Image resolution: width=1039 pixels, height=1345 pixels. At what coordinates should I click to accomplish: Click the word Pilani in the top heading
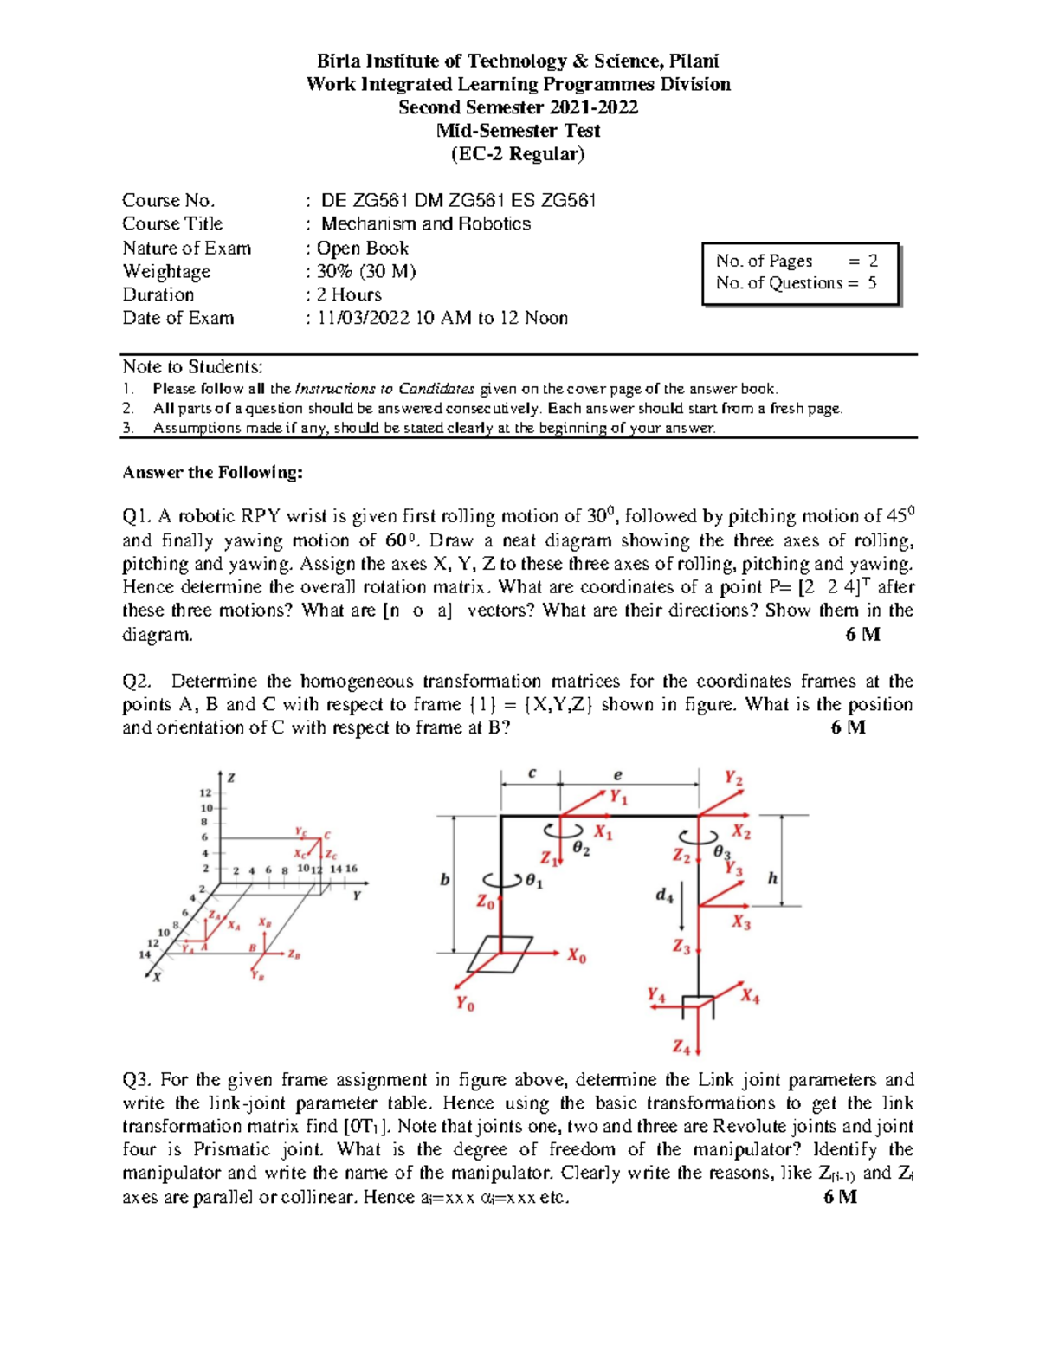pos(693,61)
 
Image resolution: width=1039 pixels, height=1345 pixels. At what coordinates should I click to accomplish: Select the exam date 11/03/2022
pos(363,318)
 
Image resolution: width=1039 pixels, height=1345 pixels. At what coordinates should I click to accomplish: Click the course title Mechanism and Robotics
pos(426,223)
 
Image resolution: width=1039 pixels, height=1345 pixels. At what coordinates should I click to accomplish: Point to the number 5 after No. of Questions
pos(872,282)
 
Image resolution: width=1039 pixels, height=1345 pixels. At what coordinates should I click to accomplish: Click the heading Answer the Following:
pos(212,472)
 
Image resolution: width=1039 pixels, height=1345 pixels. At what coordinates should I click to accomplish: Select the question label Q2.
pos(137,681)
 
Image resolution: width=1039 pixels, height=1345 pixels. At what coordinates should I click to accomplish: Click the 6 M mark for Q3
pos(840,1196)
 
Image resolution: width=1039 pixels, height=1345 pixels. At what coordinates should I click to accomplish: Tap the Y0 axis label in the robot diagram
pos(465,1004)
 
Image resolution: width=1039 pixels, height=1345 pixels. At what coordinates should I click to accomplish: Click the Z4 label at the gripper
pos(681,1047)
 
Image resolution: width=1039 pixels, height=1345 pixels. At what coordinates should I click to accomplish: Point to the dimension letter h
pos(772,878)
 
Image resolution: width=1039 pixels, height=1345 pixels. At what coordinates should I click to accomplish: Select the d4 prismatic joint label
pos(664,895)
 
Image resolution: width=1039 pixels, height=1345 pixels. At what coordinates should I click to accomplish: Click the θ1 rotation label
pos(534,883)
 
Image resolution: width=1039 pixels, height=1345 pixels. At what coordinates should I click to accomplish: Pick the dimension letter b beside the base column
pos(445,879)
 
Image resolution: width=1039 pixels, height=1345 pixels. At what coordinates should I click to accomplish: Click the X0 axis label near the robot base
pos(577,957)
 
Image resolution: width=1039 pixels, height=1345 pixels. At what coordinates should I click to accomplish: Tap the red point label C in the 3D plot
pos(327,836)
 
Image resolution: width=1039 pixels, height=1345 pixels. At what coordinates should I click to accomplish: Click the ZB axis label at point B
pos(294,954)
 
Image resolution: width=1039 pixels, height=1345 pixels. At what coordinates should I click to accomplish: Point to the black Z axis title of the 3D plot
pos(231,778)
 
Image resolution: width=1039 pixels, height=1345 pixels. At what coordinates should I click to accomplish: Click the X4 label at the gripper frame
pos(750,997)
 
